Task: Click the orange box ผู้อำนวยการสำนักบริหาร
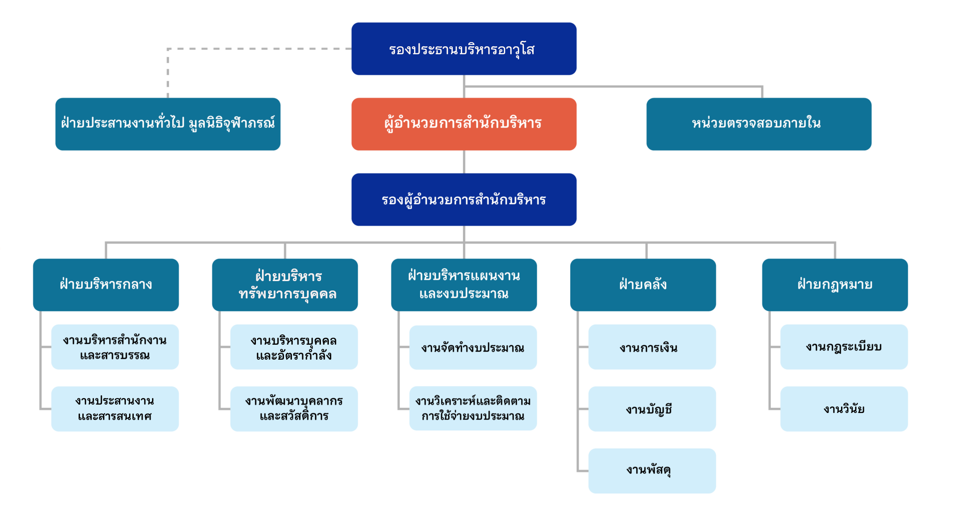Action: [464, 123]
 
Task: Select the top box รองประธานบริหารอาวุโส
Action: [464, 49]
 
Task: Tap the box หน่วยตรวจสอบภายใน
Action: [758, 123]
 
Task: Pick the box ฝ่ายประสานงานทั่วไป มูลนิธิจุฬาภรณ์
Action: [167, 123]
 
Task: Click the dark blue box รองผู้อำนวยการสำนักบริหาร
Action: [464, 200]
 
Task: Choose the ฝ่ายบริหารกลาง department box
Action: [106, 284]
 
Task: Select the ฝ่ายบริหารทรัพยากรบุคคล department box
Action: [284, 284]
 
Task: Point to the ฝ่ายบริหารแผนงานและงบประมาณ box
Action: [464, 284]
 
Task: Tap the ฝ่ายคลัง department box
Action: [643, 284]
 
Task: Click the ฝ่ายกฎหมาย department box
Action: [835, 284]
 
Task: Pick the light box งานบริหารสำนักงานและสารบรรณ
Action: [115, 347]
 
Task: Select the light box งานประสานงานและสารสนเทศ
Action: [115, 408]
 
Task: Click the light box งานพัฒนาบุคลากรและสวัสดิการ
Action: [294, 408]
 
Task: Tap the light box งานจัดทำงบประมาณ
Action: [472, 348]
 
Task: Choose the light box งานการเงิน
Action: [652, 347]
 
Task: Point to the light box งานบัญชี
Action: [652, 408]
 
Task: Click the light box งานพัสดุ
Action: [652, 471]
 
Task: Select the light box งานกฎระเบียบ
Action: [843, 347]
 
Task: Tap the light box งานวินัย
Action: [843, 408]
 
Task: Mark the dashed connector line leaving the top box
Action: [257, 49]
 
